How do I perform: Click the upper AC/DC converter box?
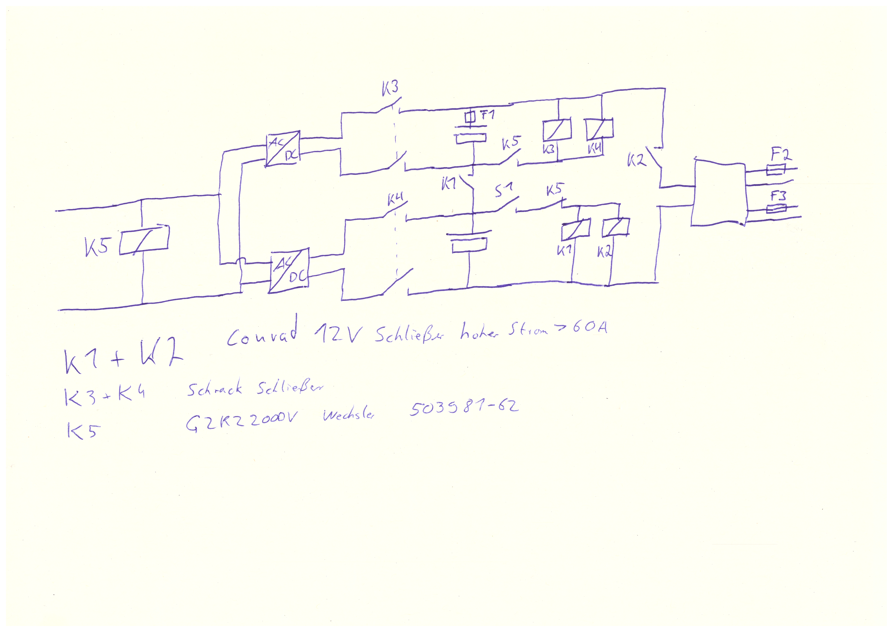point(283,148)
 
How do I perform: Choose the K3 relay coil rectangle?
point(557,129)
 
